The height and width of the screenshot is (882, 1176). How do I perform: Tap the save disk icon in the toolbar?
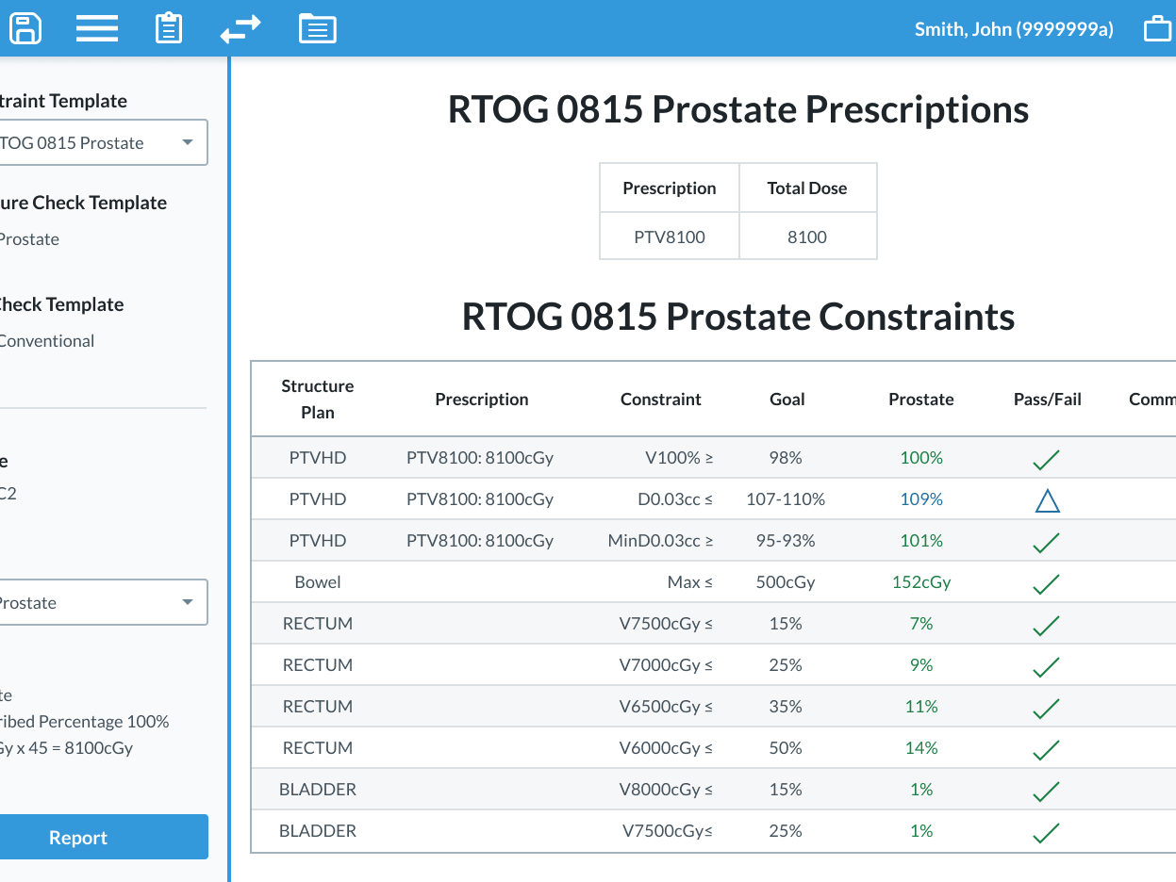[25, 27]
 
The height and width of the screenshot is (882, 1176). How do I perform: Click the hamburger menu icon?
[96, 28]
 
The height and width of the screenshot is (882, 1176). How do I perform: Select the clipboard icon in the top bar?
[169, 28]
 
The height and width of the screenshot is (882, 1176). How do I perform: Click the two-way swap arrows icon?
[240, 29]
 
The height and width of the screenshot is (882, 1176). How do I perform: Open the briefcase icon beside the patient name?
[1157, 29]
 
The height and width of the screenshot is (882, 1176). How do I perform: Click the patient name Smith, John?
[1014, 29]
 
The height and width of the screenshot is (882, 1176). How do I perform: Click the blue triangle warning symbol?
[1047, 500]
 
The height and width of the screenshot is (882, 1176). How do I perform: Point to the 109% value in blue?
[920, 499]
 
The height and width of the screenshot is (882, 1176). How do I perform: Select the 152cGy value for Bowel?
[920, 582]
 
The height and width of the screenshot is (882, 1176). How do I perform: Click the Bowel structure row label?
[318, 582]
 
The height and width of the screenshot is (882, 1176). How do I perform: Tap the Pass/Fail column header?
[1047, 400]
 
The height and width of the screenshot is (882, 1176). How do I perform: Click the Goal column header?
[787, 400]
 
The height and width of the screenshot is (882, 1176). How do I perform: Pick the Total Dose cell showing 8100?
[807, 237]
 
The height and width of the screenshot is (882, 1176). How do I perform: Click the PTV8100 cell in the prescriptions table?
[669, 237]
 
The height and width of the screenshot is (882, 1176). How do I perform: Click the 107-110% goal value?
[786, 499]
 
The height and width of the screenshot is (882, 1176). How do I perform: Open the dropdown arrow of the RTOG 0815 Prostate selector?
[188, 143]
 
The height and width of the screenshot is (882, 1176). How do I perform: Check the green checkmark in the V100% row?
[1046, 460]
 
